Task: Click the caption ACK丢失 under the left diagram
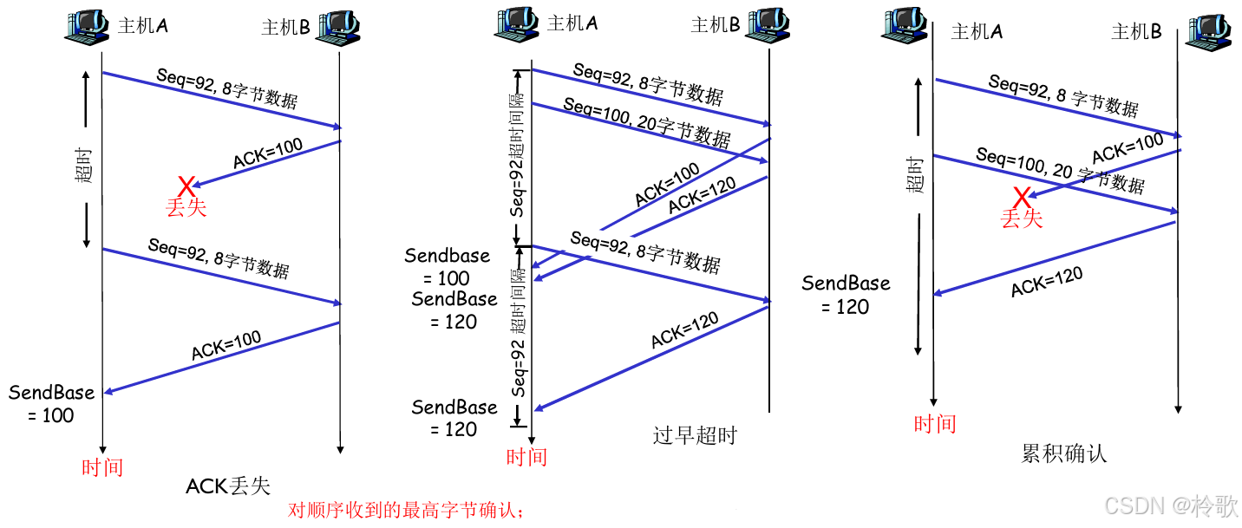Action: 228,486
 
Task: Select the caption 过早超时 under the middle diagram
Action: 694,434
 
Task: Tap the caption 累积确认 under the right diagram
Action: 1064,453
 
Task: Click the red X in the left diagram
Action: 186,186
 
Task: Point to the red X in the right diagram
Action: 1022,198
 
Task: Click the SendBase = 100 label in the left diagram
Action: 52,403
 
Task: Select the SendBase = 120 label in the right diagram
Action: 846,295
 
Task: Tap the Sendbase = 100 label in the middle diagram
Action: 448,267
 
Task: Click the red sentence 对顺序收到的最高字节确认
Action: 406,511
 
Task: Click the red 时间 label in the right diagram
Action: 935,424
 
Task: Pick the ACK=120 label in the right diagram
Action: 1047,282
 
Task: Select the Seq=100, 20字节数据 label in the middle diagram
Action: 646,121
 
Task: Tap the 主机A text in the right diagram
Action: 977,32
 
